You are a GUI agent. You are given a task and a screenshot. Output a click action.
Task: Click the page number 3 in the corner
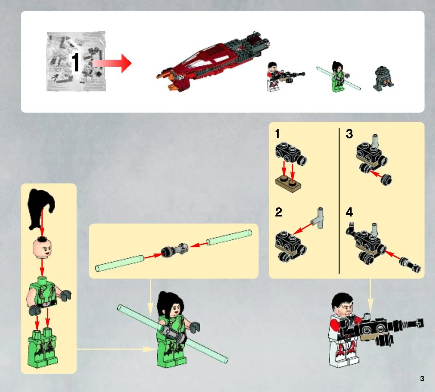pos(422,379)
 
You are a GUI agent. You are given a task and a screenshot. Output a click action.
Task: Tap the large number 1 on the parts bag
pos(75,62)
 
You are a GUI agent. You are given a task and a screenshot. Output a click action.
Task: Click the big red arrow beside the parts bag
pos(112,63)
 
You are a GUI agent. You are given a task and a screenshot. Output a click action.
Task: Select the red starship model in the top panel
pos(213,62)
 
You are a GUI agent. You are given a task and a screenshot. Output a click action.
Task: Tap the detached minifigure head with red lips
pos(42,248)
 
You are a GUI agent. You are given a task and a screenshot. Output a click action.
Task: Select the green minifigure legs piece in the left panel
pos(42,348)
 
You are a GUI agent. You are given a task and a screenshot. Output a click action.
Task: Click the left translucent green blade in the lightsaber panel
pos(120,263)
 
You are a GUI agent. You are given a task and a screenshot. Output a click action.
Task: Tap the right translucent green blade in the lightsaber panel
pos(229,237)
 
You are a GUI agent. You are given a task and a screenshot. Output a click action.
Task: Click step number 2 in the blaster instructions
pos(279,212)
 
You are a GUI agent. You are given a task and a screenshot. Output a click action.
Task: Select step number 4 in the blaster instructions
pos(349,212)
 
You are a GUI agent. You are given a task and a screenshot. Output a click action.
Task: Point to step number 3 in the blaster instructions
pos(349,134)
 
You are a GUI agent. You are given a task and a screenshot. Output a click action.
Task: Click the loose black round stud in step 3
pos(386,180)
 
